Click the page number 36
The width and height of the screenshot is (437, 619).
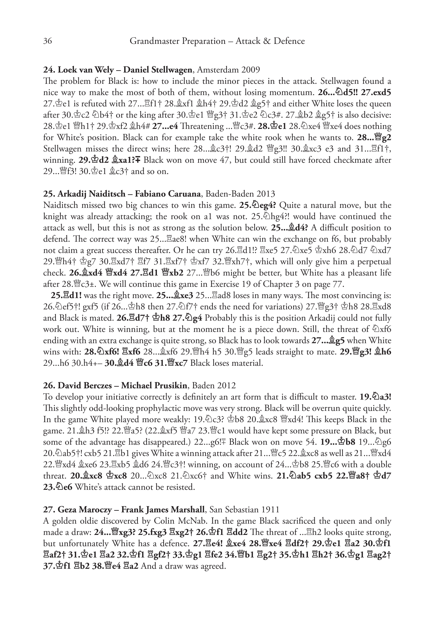pyautogui.click(x=47, y=41)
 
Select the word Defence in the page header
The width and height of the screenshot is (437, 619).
pyautogui.click(x=289, y=41)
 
